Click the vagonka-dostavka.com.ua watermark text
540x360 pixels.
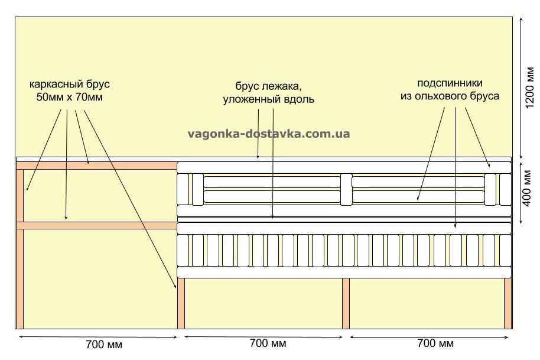[x=269, y=134]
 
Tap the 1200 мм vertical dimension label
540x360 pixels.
[x=530, y=87]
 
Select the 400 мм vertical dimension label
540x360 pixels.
[x=527, y=189]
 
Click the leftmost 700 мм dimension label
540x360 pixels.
[x=104, y=344]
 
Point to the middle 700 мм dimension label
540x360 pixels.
[x=268, y=343]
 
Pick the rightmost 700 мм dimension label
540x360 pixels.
[x=435, y=343]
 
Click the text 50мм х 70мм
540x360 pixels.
[x=70, y=97]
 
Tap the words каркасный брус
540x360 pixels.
[x=70, y=85]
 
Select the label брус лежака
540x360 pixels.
[x=269, y=86]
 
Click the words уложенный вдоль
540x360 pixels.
[x=269, y=99]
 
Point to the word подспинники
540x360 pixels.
[x=450, y=83]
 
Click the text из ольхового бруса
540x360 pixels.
[x=450, y=96]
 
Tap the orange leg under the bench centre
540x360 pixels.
[x=346, y=303]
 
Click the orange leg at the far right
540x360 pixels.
[x=508, y=303]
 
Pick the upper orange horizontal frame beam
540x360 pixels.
[x=97, y=166]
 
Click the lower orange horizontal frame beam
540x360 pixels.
[x=97, y=226]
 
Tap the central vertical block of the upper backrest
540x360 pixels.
[x=346, y=190]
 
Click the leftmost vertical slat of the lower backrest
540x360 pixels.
[x=183, y=251]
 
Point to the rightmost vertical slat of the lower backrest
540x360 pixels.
[x=505, y=251]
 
